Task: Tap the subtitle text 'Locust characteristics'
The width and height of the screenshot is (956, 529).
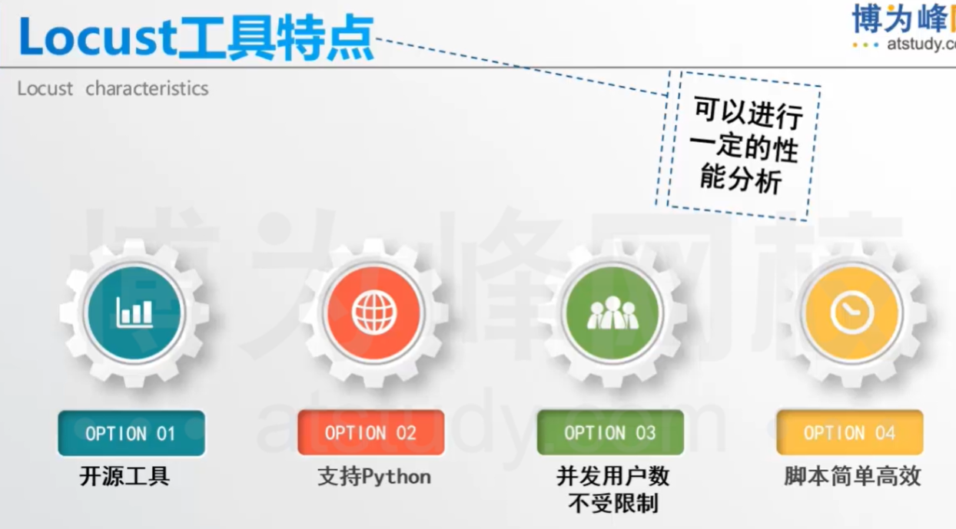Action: click(113, 88)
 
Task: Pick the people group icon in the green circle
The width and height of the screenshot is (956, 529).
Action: click(612, 312)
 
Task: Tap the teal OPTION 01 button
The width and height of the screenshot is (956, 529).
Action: click(131, 433)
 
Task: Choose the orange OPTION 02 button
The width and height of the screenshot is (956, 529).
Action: click(370, 433)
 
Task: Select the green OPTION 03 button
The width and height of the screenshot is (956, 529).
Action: click(610, 433)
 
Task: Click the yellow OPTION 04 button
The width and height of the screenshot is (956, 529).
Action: click(849, 433)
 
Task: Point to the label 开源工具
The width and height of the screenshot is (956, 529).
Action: click(124, 477)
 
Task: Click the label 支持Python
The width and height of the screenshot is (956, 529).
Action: click(374, 477)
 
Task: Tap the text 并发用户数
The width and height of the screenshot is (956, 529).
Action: click(612, 477)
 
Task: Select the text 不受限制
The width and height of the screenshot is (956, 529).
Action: click(612, 504)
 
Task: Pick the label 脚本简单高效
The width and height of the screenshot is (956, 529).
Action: click(852, 477)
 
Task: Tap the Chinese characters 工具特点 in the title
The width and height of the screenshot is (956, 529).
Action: click(277, 37)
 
